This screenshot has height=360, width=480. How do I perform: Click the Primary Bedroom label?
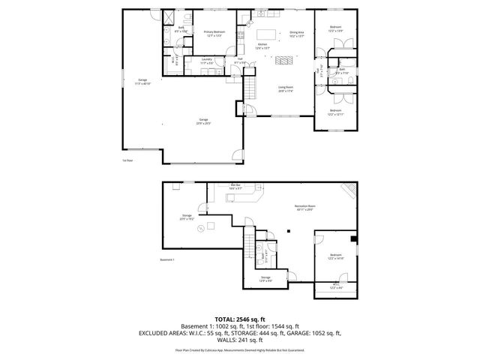214,33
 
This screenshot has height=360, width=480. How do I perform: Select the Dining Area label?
297,33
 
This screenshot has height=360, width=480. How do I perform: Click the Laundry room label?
206,61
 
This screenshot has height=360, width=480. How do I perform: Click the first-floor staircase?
243,89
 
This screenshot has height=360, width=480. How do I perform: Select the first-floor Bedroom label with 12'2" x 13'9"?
336,28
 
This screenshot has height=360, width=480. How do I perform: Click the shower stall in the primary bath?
169,17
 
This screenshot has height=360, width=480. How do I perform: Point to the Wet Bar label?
235,187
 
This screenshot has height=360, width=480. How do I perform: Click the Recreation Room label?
304,208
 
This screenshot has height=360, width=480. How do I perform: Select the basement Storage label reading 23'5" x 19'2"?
186,217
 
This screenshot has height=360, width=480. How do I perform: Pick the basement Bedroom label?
335,256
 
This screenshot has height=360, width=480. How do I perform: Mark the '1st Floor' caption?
127,160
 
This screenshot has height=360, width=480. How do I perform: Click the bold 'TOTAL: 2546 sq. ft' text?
239,319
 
